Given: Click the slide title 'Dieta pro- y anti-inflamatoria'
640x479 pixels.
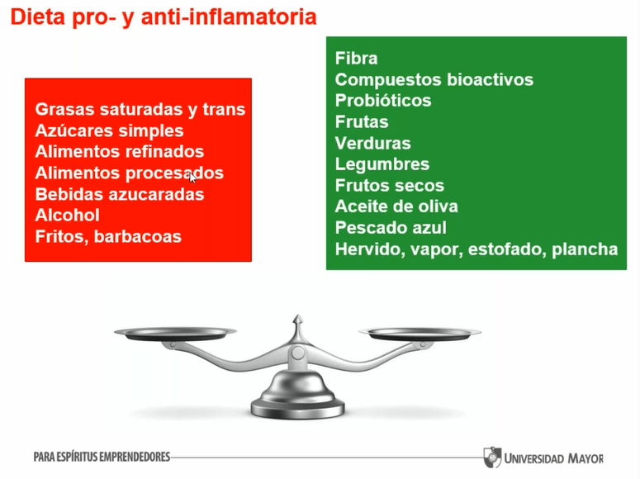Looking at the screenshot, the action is tap(164, 17).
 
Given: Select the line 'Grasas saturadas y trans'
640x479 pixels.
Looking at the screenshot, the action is tap(140, 110).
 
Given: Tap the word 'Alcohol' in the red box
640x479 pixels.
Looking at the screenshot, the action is tap(68, 216).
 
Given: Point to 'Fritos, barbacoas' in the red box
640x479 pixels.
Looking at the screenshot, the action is tap(108, 237).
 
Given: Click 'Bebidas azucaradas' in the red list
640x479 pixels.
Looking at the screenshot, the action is tap(120, 194).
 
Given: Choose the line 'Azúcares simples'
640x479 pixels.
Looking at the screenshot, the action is tap(109, 131).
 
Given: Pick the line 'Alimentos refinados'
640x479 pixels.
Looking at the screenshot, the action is tap(120, 151).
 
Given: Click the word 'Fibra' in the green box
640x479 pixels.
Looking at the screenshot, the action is tap(356, 59).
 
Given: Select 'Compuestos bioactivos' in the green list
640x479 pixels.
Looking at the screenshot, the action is tap(434, 79).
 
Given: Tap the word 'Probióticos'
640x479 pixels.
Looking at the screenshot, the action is tap(383, 101).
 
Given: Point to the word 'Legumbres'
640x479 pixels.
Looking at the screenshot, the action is tap(382, 164).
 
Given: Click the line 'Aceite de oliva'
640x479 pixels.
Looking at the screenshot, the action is tap(396, 206).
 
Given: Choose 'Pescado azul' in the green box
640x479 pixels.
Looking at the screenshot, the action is tap(391, 227).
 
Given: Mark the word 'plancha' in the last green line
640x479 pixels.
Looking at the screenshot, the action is tap(585, 249).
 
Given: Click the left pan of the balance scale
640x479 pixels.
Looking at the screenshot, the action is tap(176, 334).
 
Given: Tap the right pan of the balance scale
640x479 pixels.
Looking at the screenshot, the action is tap(420, 334).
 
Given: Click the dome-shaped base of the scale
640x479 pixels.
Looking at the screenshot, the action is tap(298, 394).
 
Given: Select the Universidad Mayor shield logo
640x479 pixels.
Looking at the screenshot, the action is tap(492, 457).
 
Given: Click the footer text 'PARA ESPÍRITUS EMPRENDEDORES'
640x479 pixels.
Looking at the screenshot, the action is tap(102, 457).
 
